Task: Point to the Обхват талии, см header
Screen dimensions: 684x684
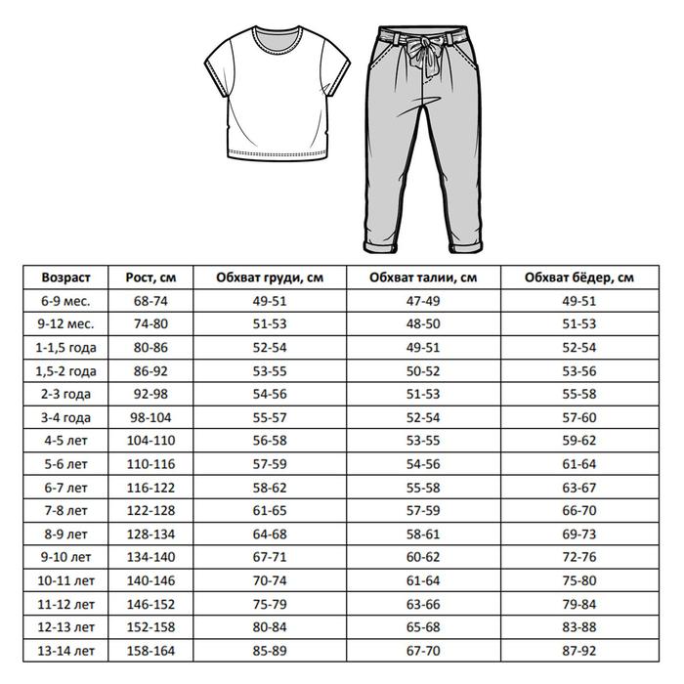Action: [x=423, y=278]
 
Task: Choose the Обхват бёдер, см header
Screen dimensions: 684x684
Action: [x=578, y=278]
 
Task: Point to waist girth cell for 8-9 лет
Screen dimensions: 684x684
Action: [x=423, y=534]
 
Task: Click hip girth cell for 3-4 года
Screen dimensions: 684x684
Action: [x=578, y=417]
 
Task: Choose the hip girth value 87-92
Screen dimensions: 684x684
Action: [x=578, y=650]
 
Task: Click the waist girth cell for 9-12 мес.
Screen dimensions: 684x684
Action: [x=423, y=325]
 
